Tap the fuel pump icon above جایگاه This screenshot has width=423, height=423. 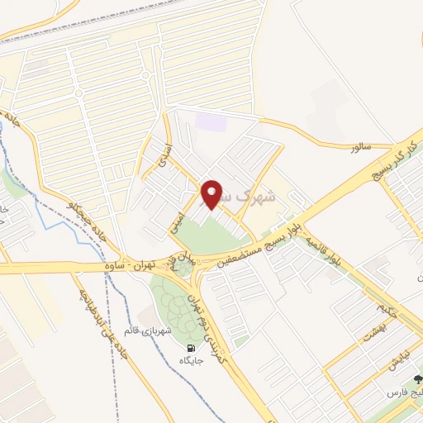pos(192,347)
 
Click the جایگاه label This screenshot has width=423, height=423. pos(194,360)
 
